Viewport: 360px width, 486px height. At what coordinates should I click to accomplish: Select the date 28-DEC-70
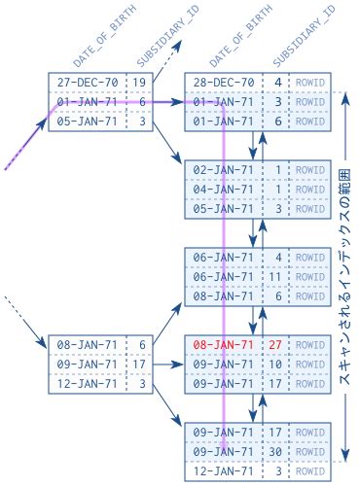(225, 83)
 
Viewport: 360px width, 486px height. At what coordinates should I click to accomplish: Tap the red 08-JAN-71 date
(225, 344)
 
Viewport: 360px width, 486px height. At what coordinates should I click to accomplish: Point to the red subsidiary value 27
(276, 344)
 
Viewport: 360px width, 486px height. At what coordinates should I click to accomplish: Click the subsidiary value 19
(140, 83)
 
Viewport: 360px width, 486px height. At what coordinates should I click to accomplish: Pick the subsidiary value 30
(276, 451)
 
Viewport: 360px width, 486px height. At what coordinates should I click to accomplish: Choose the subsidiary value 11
(276, 276)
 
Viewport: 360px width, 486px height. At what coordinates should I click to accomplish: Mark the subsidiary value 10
(276, 364)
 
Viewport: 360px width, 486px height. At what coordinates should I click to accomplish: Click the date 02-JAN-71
(225, 169)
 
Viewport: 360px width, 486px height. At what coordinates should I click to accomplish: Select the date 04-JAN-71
(225, 189)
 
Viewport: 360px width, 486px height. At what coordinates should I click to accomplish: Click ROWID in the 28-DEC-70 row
(309, 83)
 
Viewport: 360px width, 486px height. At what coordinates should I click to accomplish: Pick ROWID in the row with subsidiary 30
(309, 451)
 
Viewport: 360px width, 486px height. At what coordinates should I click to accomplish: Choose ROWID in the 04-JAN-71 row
(309, 189)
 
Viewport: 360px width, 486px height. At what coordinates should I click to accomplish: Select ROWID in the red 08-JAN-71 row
(309, 344)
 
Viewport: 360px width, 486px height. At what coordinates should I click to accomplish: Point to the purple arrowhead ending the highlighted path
(225, 448)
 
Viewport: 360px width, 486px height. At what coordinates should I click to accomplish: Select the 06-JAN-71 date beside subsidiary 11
(225, 276)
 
